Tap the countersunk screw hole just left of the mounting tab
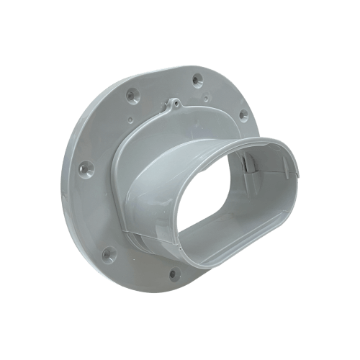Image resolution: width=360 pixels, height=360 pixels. pyautogui.click(x=130, y=94)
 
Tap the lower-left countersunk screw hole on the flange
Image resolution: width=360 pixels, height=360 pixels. pyautogui.click(x=109, y=253)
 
